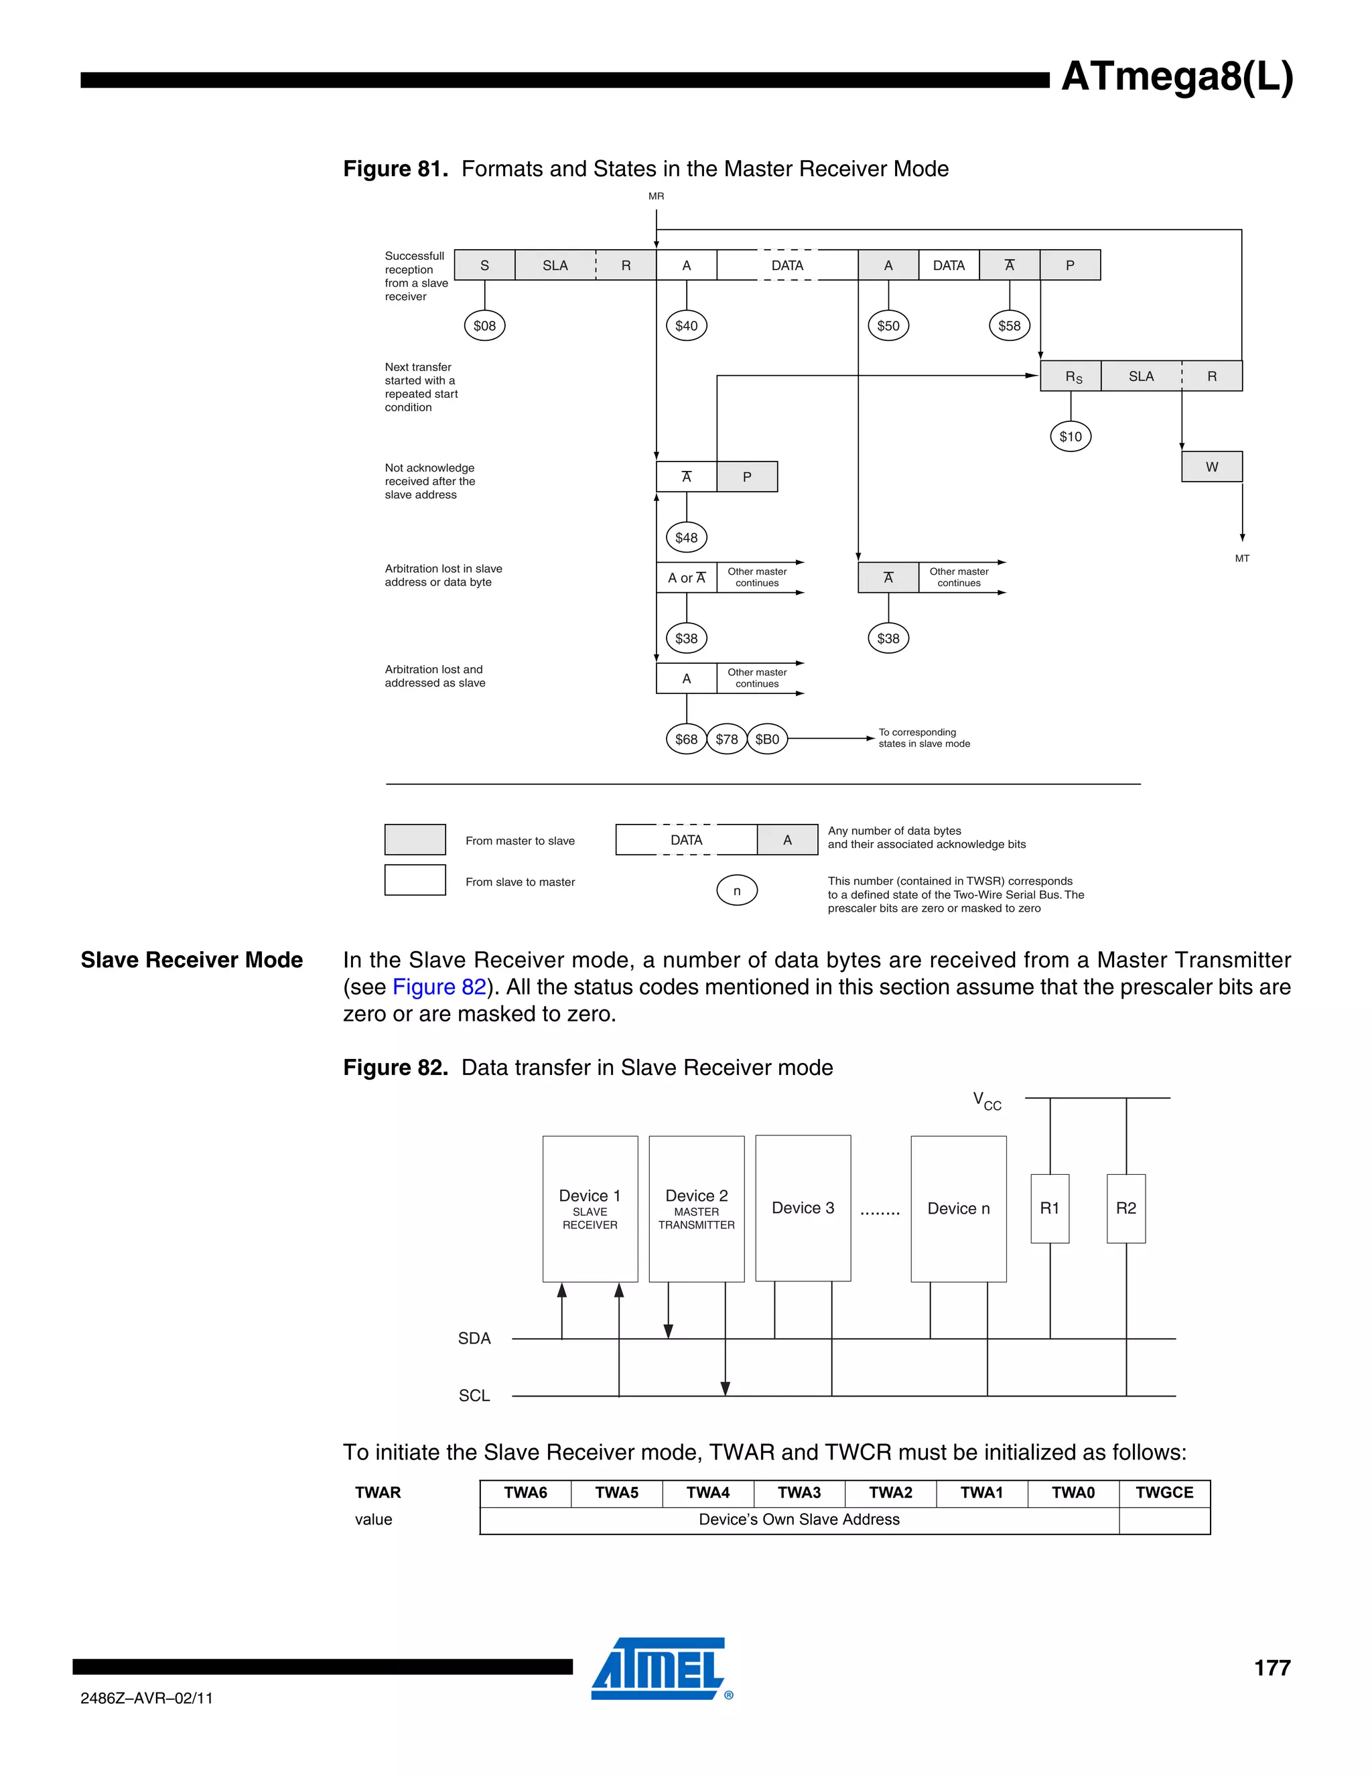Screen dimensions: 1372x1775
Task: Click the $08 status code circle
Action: (x=484, y=326)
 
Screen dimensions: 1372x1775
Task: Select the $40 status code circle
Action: (x=686, y=326)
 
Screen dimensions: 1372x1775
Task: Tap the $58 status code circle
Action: (x=1010, y=326)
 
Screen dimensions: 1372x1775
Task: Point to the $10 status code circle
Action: (x=1071, y=437)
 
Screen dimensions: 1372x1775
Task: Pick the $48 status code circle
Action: (x=686, y=537)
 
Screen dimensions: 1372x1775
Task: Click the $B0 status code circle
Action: (x=767, y=739)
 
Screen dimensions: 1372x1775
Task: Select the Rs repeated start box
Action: (x=1071, y=376)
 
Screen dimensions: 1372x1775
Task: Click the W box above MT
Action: (x=1212, y=466)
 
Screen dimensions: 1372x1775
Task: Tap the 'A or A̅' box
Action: (x=687, y=578)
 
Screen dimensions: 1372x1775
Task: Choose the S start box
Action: (x=484, y=265)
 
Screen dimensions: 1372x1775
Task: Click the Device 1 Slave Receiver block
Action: (x=590, y=1208)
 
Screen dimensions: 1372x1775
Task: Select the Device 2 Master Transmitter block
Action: (x=697, y=1208)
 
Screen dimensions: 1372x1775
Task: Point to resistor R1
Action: (x=1049, y=1208)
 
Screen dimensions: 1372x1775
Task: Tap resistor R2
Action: (x=1125, y=1208)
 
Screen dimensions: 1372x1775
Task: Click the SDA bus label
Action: (x=474, y=1338)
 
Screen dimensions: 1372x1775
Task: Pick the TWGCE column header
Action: (x=1164, y=1492)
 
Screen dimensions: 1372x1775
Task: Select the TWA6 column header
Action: (x=525, y=1492)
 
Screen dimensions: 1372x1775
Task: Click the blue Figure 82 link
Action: (x=439, y=987)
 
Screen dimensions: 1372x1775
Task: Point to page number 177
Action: (x=1272, y=1668)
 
